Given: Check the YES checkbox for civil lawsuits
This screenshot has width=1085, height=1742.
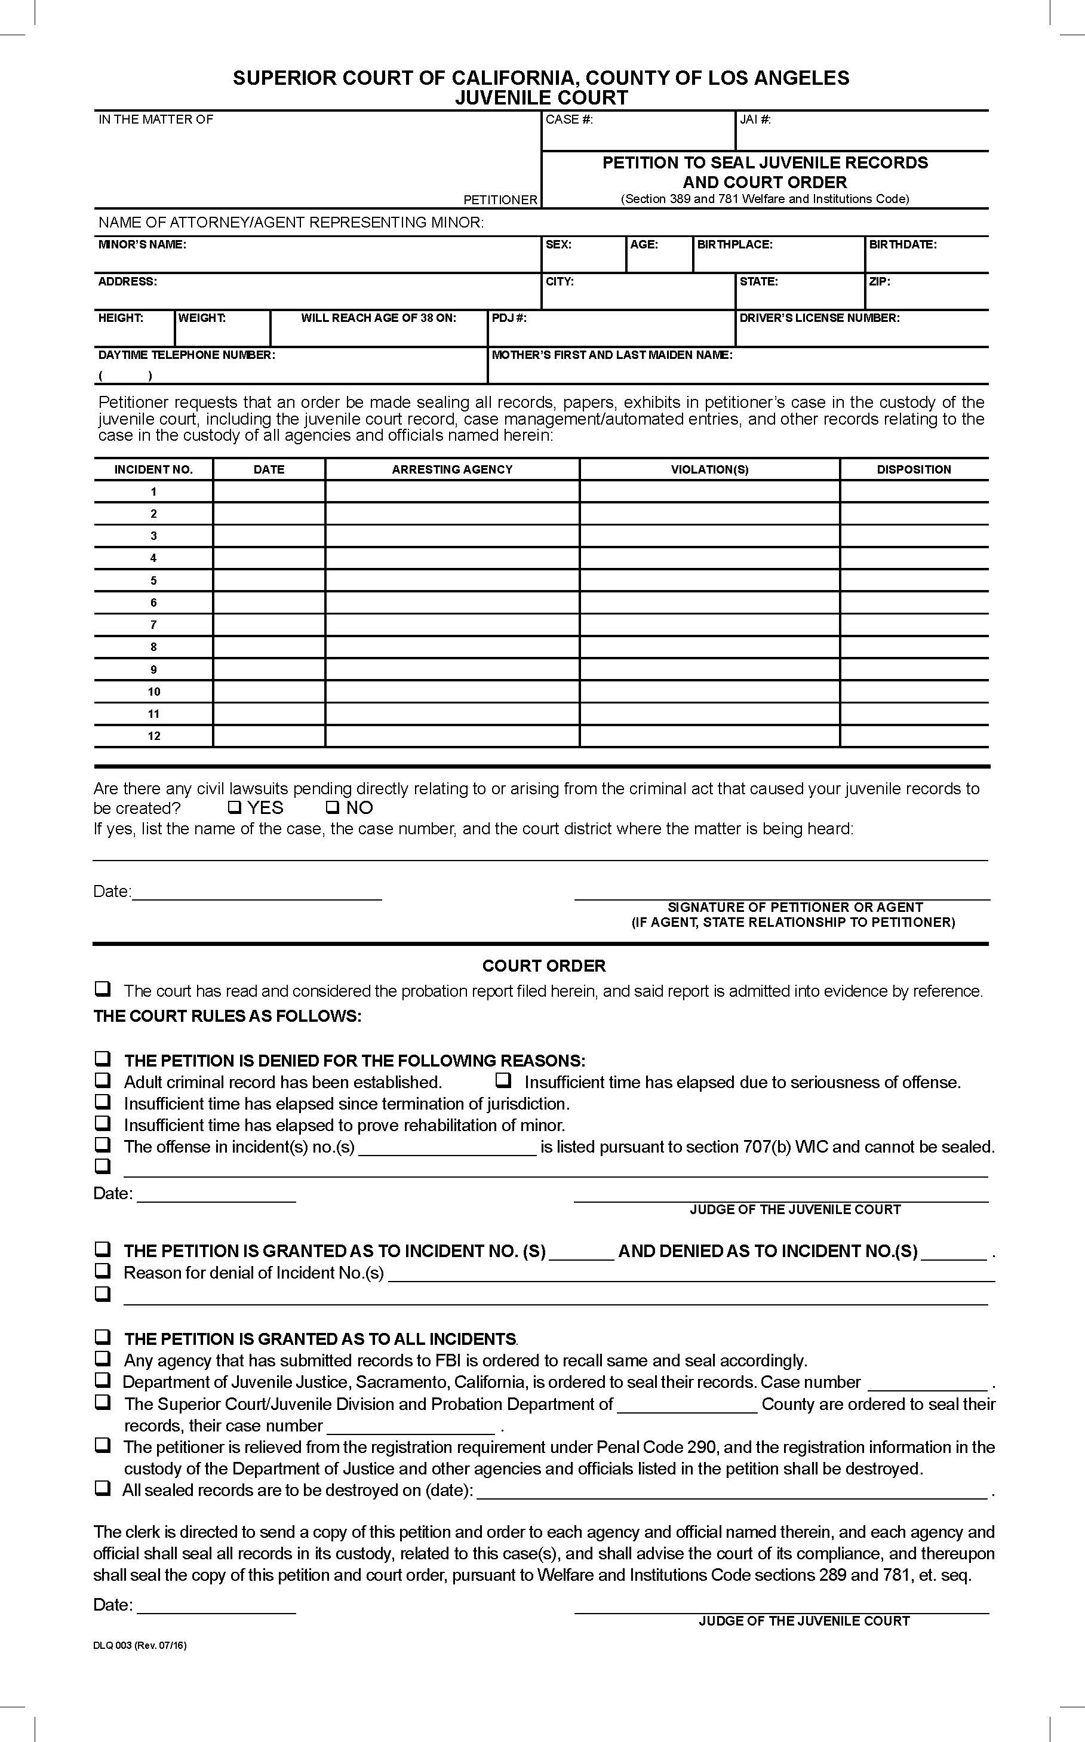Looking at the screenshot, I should (x=233, y=807).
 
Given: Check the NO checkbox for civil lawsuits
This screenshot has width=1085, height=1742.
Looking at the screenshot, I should (x=331, y=807).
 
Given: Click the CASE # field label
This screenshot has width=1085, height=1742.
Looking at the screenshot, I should (x=569, y=119).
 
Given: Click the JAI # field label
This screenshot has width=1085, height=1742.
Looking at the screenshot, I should (x=755, y=119).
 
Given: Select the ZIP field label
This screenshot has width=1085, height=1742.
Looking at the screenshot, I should (x=879, y=281).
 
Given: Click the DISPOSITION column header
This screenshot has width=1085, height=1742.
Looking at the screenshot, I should (x=914, y=469).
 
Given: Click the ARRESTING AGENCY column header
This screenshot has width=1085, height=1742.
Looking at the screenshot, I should (x=452, y=469).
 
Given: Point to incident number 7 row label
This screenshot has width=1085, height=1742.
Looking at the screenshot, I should (x=153, y=625).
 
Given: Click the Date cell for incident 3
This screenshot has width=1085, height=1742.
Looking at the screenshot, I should (x=269, y=536).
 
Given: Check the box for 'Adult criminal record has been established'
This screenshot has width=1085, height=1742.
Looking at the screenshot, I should (x=103, y=1080).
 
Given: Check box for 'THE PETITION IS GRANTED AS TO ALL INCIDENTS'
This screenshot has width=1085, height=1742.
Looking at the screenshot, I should (x=103, y=1337).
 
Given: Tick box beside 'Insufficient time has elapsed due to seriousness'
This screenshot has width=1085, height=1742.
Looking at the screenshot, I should (x=504, y=1080).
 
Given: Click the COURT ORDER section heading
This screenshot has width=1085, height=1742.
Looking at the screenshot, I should (x=543, y=966).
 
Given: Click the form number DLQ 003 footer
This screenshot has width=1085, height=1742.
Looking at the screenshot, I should (x=139, y=1645).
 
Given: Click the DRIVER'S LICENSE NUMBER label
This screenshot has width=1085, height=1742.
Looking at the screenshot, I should (x=819, y=318).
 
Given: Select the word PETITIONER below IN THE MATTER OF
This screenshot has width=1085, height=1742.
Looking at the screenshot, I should (x=500, y=199).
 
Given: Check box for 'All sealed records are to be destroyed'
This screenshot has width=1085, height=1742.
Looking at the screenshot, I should (x=103, y=1488).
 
